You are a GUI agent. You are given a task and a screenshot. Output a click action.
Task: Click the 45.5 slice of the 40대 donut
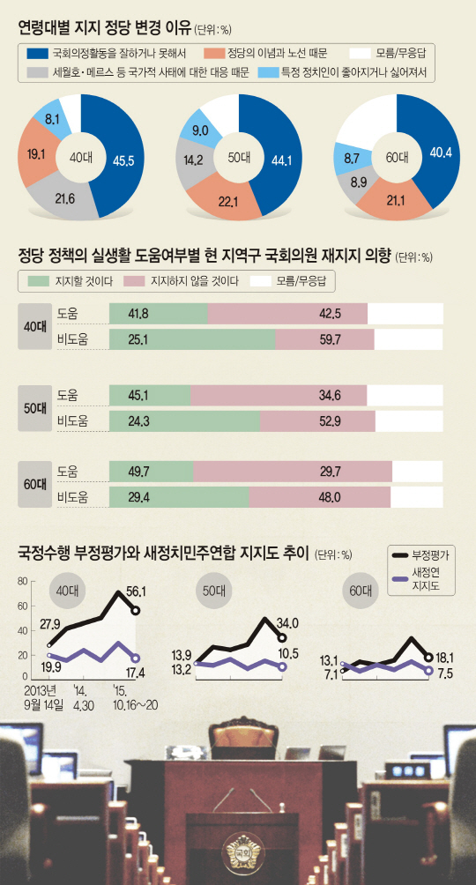(122, 161)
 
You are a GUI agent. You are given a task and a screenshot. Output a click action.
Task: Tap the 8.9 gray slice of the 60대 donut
(360, 183)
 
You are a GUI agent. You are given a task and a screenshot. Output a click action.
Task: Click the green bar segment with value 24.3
(185, 422)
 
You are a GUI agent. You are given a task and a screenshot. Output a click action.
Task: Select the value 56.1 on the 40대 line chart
(136, 592)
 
